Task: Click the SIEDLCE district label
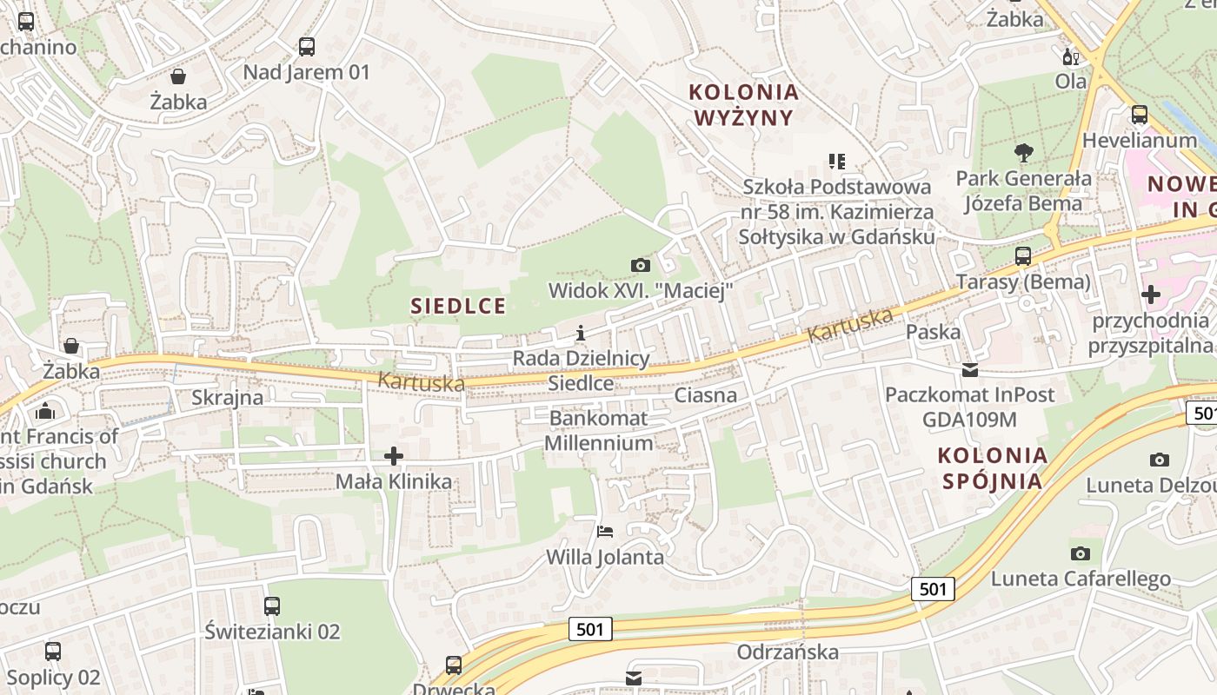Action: (x=458, y=306)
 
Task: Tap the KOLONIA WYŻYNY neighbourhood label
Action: (x=744, y=104)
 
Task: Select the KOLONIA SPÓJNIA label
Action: (x=993, y=468)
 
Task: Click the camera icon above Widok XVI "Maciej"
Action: (x=641, y=265)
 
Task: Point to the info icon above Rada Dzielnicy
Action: (x=581, y=333)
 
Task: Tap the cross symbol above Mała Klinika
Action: (x=394, y=455)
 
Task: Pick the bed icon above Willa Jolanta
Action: (x=605, y=531)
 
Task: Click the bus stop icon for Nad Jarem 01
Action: (x=306, y=47)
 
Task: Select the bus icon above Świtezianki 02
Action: (x=272, y=606)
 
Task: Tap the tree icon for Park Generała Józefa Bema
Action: (x=1024, y=153)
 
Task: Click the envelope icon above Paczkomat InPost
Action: (x=969, y=370)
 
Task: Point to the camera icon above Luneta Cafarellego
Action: (x=1080, y=553)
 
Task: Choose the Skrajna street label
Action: (x=227, y=398)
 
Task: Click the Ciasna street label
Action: (x=706, y=395)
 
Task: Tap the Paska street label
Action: (x=934, y=332)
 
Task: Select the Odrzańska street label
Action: (x=788, y=652)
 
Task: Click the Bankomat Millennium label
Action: (x=597, y=431)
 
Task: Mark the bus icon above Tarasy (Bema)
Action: (x=1023, y=256)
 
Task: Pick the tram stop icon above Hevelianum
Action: (x=1139, y=115)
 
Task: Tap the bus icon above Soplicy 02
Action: (x=53, y=651)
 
